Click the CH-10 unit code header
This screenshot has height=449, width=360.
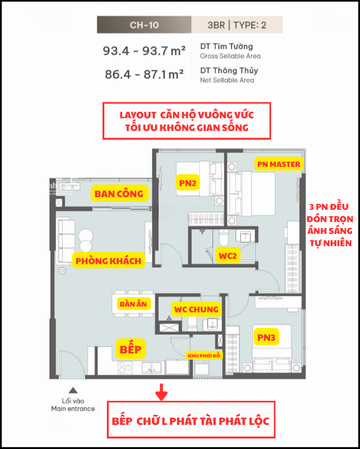pos(144,25)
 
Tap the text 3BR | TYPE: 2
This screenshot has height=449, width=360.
pos(237,25)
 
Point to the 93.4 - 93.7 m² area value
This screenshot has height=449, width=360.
pos(144,51)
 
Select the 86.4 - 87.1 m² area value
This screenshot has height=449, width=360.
pos(144,74)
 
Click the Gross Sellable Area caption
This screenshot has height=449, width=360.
pos(230,56)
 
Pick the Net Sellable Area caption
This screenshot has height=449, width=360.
pos(227,80)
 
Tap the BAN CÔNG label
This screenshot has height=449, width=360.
pos(119,194)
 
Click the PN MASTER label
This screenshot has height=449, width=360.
pos(279,164)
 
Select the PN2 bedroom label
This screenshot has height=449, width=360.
pos(187,183)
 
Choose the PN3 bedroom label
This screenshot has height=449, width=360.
pos(266,338)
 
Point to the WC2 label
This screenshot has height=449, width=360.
pos(228,256)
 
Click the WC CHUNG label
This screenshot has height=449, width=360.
pos(197,309)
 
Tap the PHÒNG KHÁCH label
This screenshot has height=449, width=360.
pos(108,261)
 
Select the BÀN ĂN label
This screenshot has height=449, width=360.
pos(133,304)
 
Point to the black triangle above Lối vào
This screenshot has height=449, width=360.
pos(73,390)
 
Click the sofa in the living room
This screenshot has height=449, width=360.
pos(66,241)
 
